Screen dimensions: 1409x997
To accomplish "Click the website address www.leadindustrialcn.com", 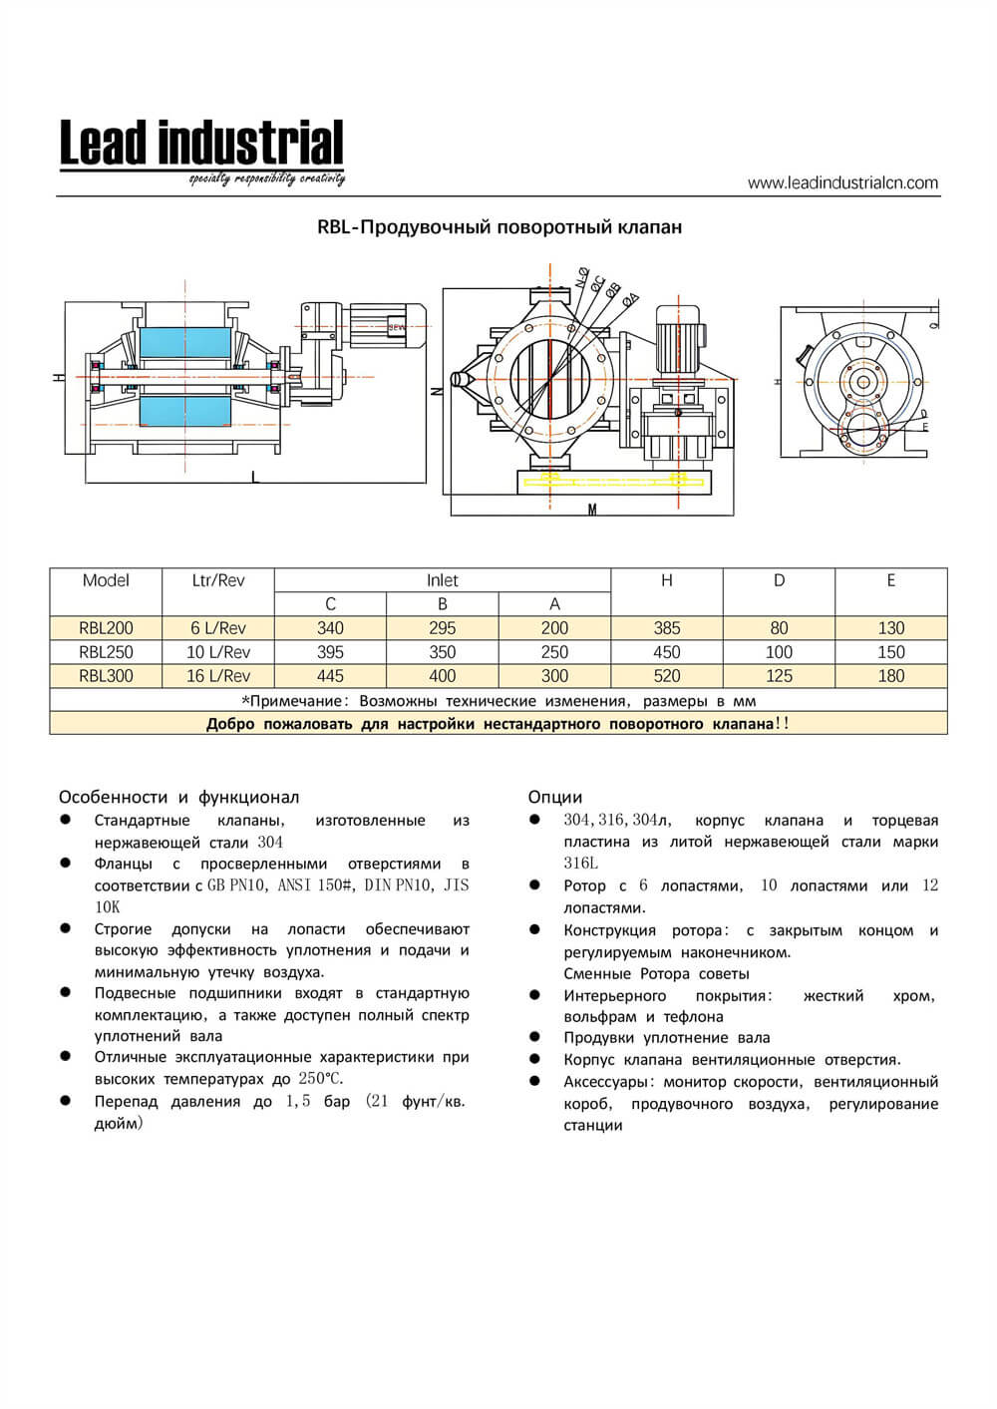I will tap(842, 182).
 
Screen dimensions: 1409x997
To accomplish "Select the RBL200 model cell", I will tap(106, 628).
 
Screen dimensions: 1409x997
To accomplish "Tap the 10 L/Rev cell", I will tap(218, 652).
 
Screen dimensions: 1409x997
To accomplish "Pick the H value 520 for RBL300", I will tap(666, 676).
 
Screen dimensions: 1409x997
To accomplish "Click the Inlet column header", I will tap(442, 580).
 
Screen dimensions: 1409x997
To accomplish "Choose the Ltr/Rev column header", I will tap(218, 580).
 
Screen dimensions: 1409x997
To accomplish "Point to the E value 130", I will tap(890, 628).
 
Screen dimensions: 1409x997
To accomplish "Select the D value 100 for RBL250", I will tap(779, 652).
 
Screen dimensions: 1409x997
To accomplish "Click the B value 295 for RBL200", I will tap(442, 628).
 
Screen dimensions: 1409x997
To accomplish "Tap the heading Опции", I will tap(555, 797).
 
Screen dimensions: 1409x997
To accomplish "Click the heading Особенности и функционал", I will tap(178, 797).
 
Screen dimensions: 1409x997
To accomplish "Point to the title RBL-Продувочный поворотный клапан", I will tap(499, 227).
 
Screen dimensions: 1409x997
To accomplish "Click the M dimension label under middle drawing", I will tap(592, 511).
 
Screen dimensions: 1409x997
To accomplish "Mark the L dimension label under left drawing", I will tap(255, 479).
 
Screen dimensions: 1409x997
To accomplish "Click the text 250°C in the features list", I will tap(320, 1079).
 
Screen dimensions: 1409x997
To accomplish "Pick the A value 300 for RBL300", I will tap(554, 676).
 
